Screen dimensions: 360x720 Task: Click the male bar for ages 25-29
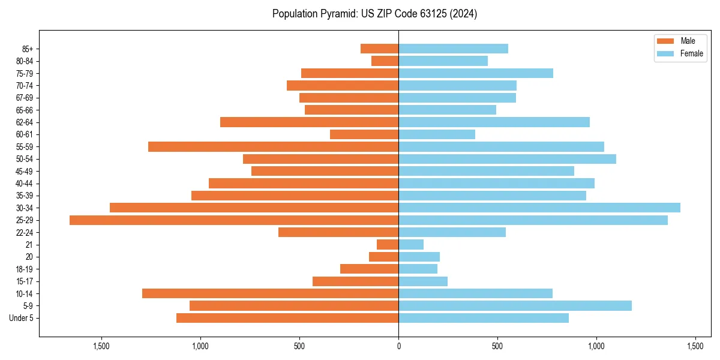pyautogui.click(x=234, y=220)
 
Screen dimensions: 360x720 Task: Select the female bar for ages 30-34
pyautogui.click(x=539, y=208)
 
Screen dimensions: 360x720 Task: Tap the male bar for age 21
pyautogui.click(x=388, y=245)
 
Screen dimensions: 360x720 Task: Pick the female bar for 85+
pyautogui.click(x=453, y=49)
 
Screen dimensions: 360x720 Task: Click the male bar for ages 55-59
pyautogui.click(x=273, y=147)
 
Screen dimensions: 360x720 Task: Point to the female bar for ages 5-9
pyautogui.click(x=515, y=306)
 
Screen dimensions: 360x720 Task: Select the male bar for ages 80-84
pyautogui.click(x=385, y=61)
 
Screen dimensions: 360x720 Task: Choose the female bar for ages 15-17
pyautogui.click(x=423, y=281)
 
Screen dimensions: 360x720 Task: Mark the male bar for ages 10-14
pyautogui.click(x=270, y=293)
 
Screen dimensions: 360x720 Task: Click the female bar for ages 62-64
pyautogui.click(x=494, y=122)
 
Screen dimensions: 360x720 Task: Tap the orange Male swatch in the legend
pyautogui.click(x=665, y=41)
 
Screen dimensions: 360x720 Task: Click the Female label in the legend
pyautogui.click(x=692, y=53)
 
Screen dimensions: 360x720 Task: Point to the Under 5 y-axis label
pyautogui.click(x=22, y=318)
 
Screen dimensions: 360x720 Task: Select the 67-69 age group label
pyautogui.click(x=25, y=98)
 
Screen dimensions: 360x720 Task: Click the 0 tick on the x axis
pyautogui.click(x=398, y=346)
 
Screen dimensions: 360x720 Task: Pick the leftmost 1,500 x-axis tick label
pyautogui.click(x=101, y=346)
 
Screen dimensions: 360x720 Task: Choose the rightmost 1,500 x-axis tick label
pyautogui.click(x=695, y=346)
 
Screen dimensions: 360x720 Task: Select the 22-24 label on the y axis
pyautogui.click(x=25, y=233)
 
